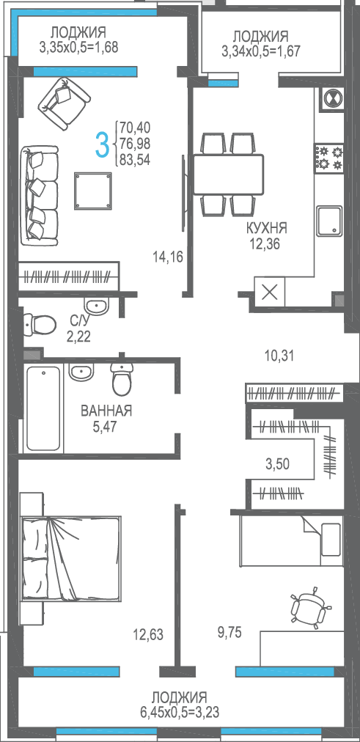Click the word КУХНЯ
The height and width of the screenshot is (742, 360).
click(266, 228)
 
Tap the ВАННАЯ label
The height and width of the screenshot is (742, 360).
click(106, 411)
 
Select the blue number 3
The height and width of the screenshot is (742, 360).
click(102, 144)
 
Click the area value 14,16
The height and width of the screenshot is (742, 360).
click(167, 257)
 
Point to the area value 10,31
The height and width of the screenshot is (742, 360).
click(279, 356)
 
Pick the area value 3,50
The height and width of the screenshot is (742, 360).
click(276, 463)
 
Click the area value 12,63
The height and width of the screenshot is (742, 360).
click(148, 634)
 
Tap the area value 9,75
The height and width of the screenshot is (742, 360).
click(229, 632)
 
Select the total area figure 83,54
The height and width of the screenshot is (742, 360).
click(135, 161)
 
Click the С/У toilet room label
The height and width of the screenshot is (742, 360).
click(79, 321)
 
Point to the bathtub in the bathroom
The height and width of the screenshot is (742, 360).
click(43, 408)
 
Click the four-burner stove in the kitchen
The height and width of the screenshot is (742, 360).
click(329, 159)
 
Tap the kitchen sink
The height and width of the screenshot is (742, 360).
click(329, 221)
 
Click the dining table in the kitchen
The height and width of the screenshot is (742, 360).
click(229, 175)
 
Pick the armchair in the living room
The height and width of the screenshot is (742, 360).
click(64, 103)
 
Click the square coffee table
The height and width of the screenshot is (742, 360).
click(93, 191)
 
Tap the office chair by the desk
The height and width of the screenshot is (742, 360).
click(310, 608)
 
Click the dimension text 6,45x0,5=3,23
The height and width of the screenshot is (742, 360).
click(180, 712)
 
